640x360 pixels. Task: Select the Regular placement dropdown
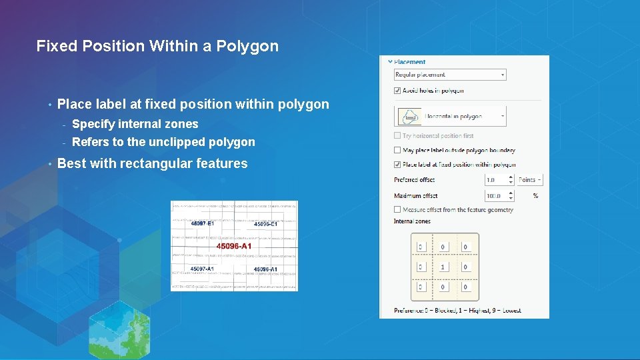pyautogui.click(x=450, y=75)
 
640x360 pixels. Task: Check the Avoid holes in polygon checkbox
pyautogui.click(x=398, y=91)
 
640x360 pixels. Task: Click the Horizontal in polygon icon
pyautogui.click(x=410, y=116)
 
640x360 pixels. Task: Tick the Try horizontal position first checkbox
pyautogui.click(x=398, y=136)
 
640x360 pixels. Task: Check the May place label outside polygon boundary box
pyautogui.click(x=398, y=151)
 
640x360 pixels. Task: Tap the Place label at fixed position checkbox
pyautogui.click(x=398, y=165)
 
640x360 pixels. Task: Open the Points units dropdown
pyautogui.click(x=531, y=180)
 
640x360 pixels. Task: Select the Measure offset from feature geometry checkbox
pyautogui.click(x=398, y=210)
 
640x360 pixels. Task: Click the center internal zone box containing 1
pyautogui.click(x=443, y=267)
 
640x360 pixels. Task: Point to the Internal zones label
pyautogui.click(x=412, y=221)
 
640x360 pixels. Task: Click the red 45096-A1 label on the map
pyautogui.click(x=234, y=246)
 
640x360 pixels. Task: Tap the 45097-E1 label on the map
pyautogui.click(x=202, y=224)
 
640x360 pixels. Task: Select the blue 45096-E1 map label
pyautogui.click(x=266, y=225)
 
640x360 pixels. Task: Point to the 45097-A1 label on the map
pyautogui.click(x=202, y=269)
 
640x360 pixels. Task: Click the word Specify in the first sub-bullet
pyautogui.click(x=92, y=124)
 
